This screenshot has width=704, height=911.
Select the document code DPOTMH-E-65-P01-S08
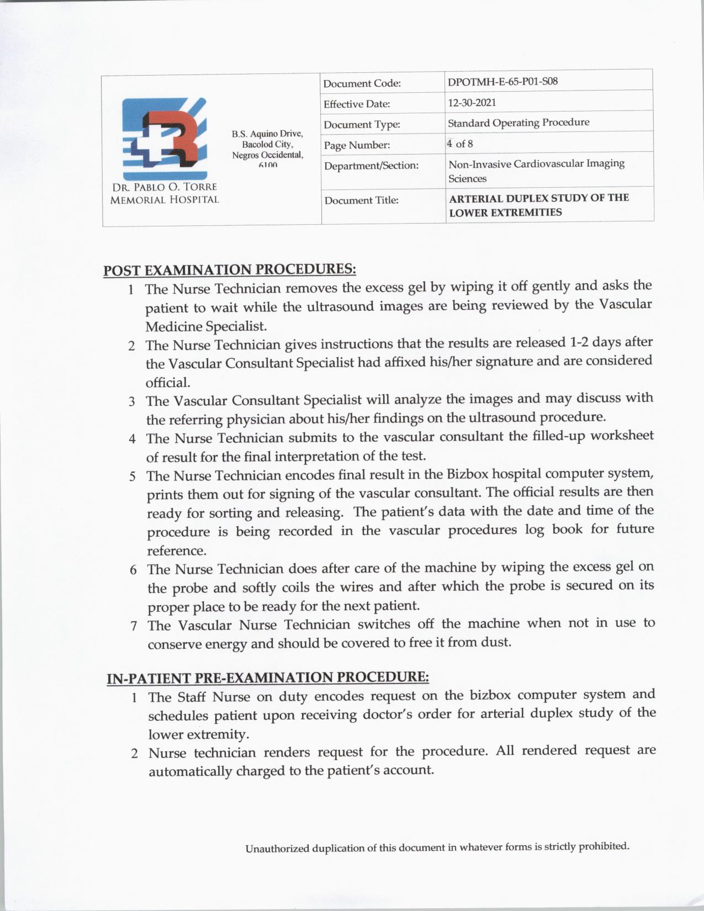tap(502, 81)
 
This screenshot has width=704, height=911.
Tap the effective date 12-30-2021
tap(472, 102)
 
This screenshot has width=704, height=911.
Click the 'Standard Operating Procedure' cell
tap(518, 123)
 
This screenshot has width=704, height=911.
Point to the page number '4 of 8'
tap(460, 144)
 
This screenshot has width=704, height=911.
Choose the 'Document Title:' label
tap(361, 200)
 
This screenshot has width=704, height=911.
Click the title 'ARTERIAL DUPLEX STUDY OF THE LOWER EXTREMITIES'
tap(538, 205)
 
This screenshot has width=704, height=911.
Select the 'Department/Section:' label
tap(371, 166)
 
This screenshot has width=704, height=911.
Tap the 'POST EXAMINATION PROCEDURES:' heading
tap(230, 269)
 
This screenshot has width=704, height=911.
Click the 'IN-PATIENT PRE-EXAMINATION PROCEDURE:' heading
tap(267, 677)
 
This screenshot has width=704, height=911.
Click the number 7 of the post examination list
tap(134, 626)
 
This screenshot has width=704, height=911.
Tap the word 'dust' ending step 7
tap(497, 643)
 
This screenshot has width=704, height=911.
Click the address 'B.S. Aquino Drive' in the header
tap(267, 134)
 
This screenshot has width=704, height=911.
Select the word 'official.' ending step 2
tap(168, 382)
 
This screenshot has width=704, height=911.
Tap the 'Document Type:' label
tap(362, 125)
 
